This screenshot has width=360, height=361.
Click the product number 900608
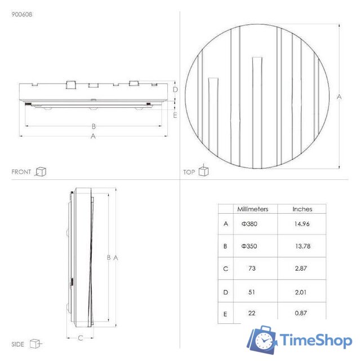(21, 15)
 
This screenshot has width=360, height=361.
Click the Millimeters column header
(252, 209)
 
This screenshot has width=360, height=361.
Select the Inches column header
(302, 209)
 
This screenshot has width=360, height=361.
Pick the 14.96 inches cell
(302, 223)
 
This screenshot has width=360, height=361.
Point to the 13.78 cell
(302, 246)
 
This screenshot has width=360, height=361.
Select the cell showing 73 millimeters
(251, 268)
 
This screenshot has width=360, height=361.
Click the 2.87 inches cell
(302, 268)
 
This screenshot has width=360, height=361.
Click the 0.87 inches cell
(302, 312)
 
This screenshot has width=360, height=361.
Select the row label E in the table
(225, 312)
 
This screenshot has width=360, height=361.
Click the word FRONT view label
(21, 171)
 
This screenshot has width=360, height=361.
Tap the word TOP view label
(189, 172)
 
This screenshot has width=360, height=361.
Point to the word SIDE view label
(18, 344)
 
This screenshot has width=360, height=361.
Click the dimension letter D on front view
(175, 89)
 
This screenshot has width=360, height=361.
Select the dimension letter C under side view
(81, 338)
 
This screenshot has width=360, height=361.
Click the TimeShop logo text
(316, 340)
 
